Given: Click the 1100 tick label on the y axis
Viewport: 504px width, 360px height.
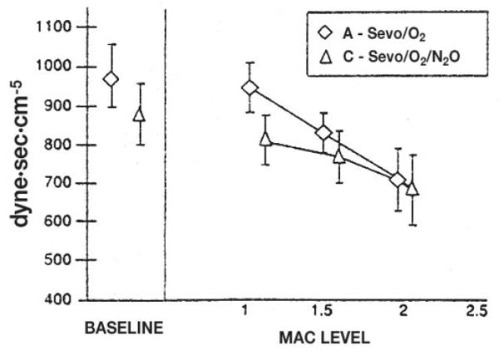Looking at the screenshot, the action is point(54,27).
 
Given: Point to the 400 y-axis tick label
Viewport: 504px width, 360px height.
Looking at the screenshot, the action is point(58,299).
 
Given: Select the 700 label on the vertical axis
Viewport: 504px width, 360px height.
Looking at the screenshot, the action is point(58,183).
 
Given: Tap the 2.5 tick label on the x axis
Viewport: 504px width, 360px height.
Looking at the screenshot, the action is point(477,311).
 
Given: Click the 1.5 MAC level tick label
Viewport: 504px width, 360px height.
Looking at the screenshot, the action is point(323,311).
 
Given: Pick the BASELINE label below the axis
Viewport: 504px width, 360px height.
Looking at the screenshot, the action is point(124,328).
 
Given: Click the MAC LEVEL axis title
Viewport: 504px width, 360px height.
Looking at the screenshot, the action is point(324,338).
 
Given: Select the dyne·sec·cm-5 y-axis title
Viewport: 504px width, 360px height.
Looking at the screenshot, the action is point(19,155).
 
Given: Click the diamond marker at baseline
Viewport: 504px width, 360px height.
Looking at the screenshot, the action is point(111,79).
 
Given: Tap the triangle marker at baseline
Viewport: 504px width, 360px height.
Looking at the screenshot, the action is point(140,115).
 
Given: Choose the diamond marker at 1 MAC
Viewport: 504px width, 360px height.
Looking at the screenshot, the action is point(250,87).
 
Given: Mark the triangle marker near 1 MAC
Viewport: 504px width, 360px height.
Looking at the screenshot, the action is point(265,140).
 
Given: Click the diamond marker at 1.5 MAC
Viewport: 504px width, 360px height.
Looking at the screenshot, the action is point(324,132).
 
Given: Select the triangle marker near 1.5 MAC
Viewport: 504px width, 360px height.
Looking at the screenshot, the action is point(339,157).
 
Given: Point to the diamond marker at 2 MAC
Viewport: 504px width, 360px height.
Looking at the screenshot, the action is point(398,180).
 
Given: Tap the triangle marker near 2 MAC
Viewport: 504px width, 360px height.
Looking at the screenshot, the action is point(413,189).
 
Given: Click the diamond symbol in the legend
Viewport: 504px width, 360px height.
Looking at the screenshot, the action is point(325,33).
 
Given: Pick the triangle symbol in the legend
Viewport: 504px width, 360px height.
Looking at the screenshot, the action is point(326,57).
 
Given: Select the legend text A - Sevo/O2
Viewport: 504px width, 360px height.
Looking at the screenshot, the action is point(384,34).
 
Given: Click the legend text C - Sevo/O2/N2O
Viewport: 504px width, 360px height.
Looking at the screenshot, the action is point(401,57).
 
